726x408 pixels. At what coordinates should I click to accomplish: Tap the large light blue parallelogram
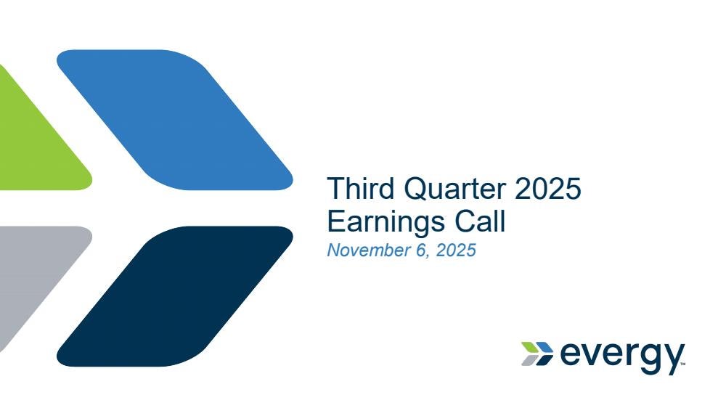pos(175,120)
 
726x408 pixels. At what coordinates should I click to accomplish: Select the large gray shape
pos(33,273)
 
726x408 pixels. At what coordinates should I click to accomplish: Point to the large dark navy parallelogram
pos(175,296)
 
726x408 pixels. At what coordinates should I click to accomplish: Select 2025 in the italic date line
pos(456,250)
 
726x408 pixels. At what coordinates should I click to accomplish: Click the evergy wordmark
pos(622,356)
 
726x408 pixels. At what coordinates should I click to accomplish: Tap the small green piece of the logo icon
pos(529,347)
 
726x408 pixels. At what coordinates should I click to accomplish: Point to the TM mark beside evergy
pos(683,364)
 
